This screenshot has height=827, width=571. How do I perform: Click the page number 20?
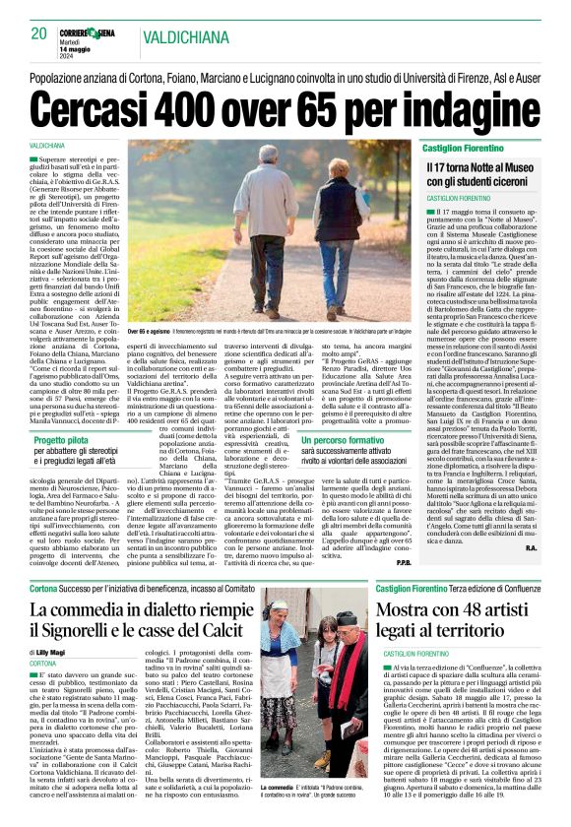point(39,32)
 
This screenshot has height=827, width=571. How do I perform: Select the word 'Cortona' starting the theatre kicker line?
point(44,588)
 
